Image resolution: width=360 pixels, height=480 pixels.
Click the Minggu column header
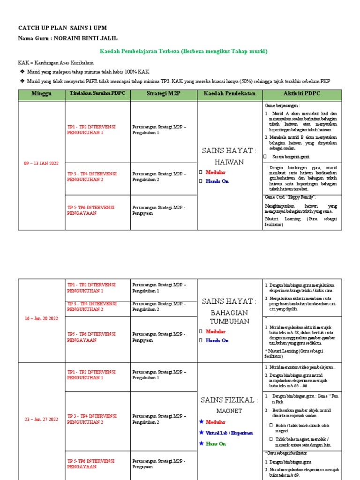[x=41, y=94]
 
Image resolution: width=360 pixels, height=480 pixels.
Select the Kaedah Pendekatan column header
[x=230, y=94]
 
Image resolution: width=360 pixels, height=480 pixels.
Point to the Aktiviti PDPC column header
[x=302, y=94]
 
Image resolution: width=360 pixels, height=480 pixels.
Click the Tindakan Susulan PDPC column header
[x=97, y=94]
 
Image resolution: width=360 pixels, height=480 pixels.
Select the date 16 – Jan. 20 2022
[x=41, y=319]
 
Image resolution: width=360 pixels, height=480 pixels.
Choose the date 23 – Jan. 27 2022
[x=41, y=420]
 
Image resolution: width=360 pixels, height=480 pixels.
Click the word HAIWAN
[x=230, y=162]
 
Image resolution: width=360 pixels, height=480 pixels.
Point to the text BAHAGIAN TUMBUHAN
[x=230, y=316]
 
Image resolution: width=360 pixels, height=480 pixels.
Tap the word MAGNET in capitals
[x=230, y=411]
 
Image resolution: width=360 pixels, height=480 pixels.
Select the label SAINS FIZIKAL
[x=230, y=400]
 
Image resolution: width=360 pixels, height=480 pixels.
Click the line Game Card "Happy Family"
[x=291, y=197]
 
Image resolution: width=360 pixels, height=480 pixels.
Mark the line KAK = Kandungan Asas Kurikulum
[x=56, y=62]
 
